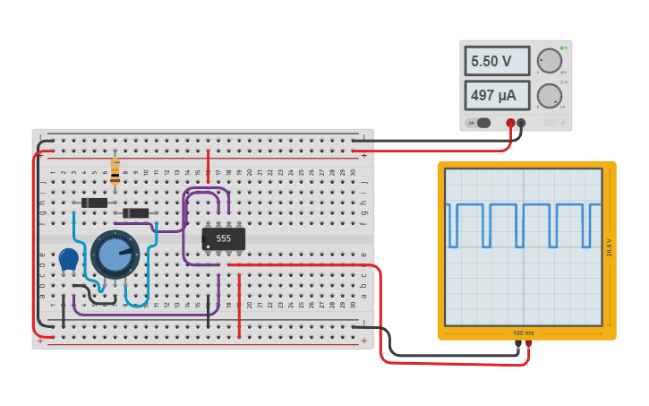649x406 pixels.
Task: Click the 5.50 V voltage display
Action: click(497, 61)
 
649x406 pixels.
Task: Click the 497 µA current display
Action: click(497, 95)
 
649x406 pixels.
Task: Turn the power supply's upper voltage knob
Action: click(550, 61)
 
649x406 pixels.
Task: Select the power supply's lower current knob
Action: click(550, 95)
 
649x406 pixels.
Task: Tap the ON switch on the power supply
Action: click(482, 123)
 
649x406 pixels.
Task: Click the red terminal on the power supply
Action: click(511, 123)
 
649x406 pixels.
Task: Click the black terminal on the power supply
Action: click(522, 123)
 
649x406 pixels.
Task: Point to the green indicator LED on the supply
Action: click(561, 47)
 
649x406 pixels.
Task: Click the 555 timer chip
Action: click(224, 238)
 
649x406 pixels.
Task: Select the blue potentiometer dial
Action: click(115, 255)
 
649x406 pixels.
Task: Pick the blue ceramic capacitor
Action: click(69, 259)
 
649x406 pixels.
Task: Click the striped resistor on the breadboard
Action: click(115, 171)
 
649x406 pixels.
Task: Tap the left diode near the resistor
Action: click(94, 203)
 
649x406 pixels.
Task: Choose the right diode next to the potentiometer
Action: click(135, 212)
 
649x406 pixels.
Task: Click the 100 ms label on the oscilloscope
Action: click(525, 333)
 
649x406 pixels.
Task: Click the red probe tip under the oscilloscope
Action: click(529, 343)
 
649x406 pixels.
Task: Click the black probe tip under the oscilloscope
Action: click(518, 343)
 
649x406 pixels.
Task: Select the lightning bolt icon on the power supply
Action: click(550, 122)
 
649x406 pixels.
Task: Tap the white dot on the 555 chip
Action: click(208, 246)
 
